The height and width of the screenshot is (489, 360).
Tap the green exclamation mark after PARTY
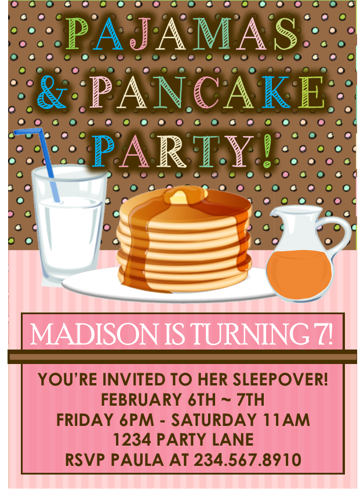[267, 150]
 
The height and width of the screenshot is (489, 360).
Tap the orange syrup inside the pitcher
[298, 274]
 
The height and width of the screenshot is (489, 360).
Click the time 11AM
[286, 420]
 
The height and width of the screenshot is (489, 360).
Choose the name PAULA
[137, 460]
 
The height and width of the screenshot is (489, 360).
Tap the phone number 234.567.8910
[248, 460]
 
